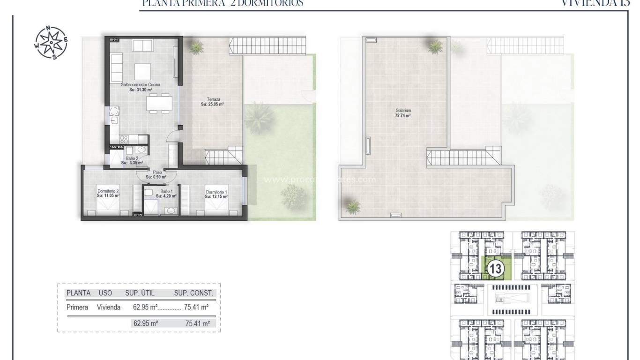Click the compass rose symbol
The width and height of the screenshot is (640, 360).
(51, 43)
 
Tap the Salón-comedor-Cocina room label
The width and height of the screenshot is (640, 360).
(141, 84)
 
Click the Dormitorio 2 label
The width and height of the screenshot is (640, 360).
(108, 191)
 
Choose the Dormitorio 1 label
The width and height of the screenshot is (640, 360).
(216, 191)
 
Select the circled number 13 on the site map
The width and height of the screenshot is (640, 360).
(495, 269)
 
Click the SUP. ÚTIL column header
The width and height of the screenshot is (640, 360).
(140, 293)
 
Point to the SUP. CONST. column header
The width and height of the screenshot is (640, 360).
(193, 293)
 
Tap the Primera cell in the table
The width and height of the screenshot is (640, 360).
(77, 307)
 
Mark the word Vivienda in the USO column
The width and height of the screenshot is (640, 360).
(109, 307)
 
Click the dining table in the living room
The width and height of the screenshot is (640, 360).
(158, 103)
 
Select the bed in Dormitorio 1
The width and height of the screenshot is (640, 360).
(216, 206)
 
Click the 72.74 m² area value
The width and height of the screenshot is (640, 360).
(402, 115)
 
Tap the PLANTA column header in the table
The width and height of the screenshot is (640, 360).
(78, 293)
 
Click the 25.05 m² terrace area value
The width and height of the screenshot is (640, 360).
(212, 105)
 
